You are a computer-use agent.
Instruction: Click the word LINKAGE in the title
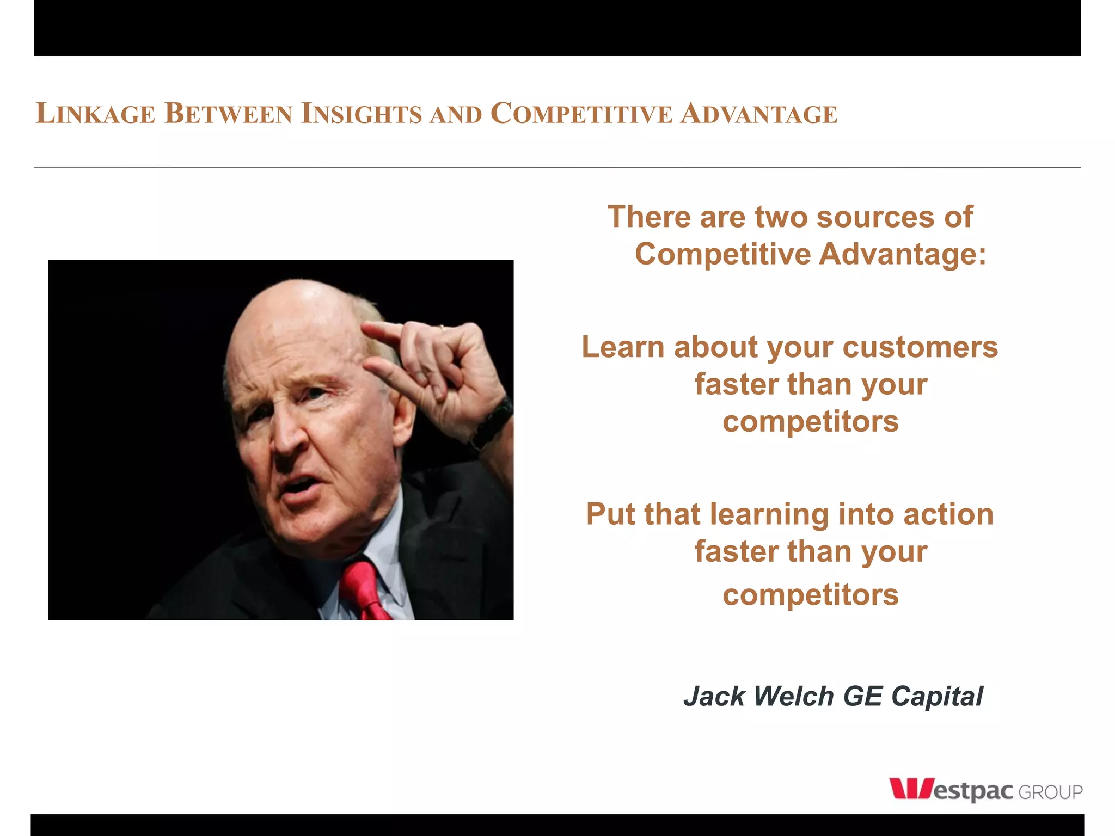coord(95,114)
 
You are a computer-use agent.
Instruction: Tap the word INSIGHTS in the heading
coord(362,114)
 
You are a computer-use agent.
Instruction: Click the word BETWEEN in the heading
coord(228,114)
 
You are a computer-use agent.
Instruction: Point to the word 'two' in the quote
coord(781,217)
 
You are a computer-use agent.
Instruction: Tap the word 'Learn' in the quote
coord(623,347)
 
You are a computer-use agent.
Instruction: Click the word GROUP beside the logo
coord(1050,792)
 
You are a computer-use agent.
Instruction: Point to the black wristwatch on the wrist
coord(493,422)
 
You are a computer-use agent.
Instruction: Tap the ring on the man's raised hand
coord(443,328)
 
